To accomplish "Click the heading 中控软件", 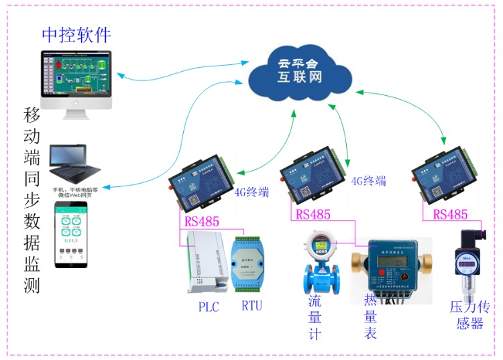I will (x=76, y=34).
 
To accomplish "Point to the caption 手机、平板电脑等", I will (x=75, y=190).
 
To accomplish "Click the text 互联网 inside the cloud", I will (x=300, y=78).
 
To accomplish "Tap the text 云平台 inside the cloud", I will (x=300, y=63).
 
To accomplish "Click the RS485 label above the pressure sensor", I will (x=450, y=215).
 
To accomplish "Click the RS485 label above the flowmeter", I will (x=313, y=215).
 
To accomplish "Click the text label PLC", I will (x=209, y=306).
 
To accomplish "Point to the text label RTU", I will (x=251, y=306).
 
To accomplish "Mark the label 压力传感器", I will (x=467, y=316).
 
